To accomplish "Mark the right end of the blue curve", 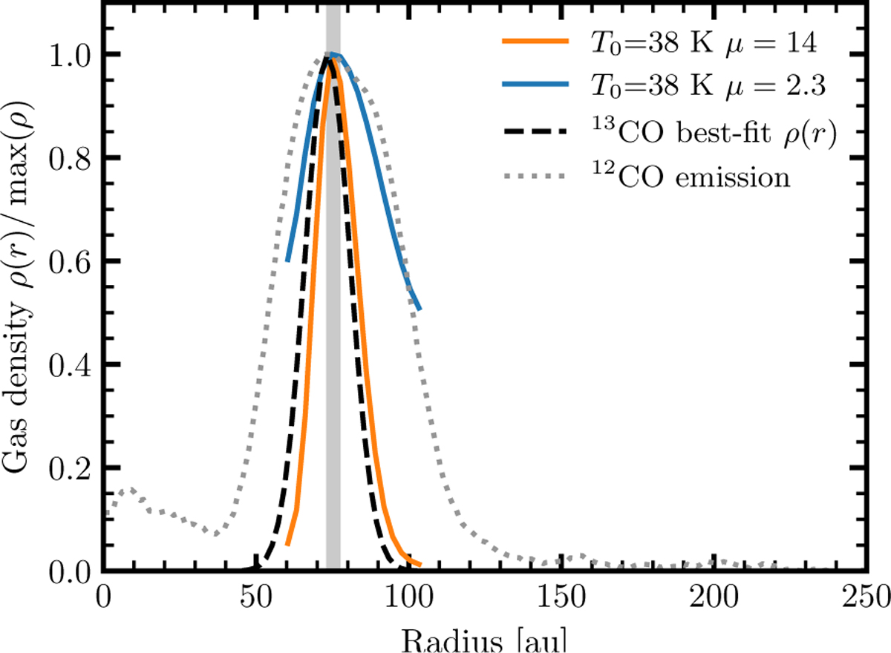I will [x=420, y=309].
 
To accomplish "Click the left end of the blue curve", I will [x=287, y=260].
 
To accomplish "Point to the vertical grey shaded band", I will [x=333, y=371].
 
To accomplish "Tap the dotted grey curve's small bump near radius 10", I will [x=131, y=490].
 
